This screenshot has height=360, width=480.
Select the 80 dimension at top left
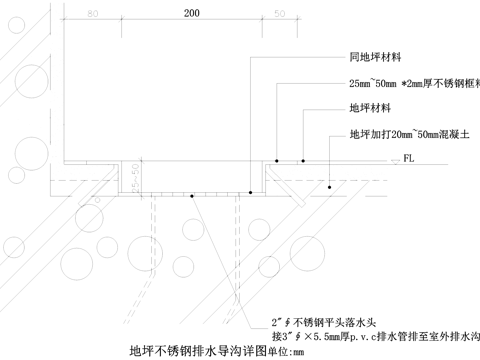point(92,14)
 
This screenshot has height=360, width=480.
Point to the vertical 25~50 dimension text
point(135,177)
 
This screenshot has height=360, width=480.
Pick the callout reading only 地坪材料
point(369,108)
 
